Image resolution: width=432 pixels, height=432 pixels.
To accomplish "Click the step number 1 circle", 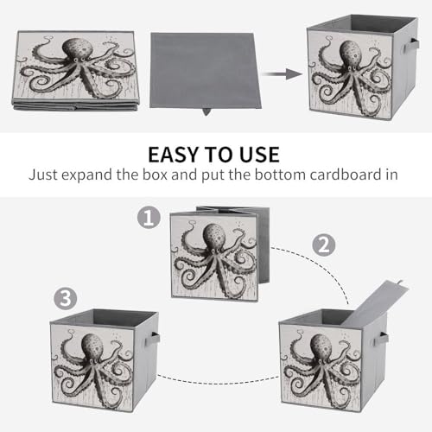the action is point(149,218).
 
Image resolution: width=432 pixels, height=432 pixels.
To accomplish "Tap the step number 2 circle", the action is point(324,245).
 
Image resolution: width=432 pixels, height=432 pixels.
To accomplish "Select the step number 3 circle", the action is point(66,298).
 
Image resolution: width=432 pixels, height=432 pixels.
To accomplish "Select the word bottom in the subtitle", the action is point(277,175).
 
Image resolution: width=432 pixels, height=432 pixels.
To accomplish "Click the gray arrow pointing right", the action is point(282,74).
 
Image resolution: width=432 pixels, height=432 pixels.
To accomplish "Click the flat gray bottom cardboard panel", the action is point(205,70).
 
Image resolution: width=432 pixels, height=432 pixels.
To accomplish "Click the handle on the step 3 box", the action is point(155,338).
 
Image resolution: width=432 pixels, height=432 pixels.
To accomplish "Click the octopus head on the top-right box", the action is point(351,54).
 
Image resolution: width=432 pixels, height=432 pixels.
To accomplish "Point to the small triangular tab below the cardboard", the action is point(206,111).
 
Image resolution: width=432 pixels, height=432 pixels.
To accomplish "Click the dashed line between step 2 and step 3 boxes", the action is point(219,382).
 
